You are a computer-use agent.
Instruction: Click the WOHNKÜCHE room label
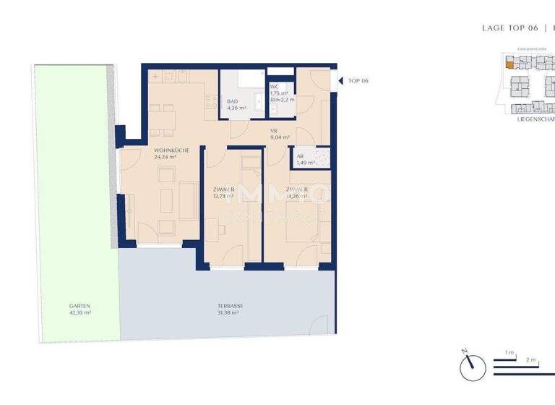tap(171, 149)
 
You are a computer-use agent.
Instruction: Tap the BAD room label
tap(233, 102)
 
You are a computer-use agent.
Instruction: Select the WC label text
tap(275, 87)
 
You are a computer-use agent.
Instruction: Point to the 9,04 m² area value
tap(280, 137)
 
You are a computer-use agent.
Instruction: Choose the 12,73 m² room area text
tap(223, 195)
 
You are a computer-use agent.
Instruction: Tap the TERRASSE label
tap(231, 306)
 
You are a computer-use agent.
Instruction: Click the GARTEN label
tap(70, 305)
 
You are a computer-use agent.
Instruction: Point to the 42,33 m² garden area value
tap(70, 313)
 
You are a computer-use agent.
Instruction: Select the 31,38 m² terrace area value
tap(231, 313)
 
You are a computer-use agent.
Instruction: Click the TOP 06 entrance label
tap(358, 80)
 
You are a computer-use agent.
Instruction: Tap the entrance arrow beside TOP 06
tap(338, 80)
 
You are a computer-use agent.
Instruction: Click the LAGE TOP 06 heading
tap(510, 27)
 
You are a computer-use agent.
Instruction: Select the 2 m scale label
tap(530, 359)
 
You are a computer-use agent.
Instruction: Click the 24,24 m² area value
tap(165, 156)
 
